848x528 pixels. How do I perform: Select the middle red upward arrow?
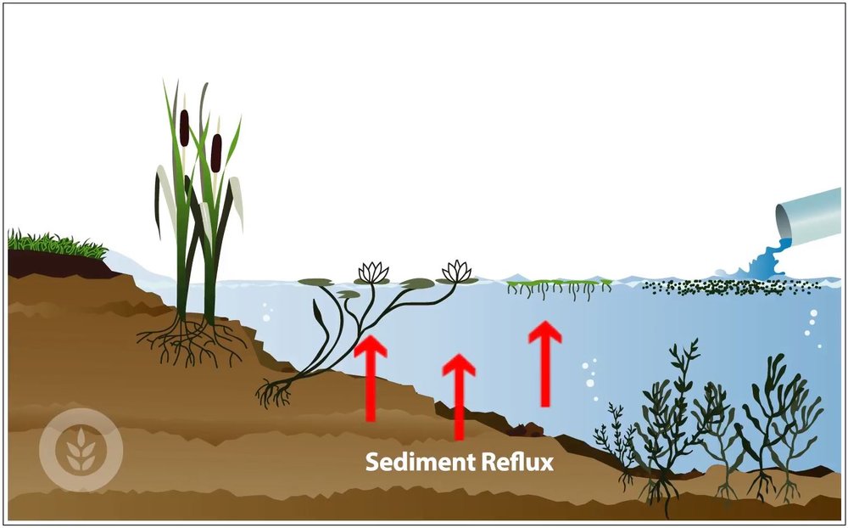point(459,395)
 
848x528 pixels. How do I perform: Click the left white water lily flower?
point(371,272)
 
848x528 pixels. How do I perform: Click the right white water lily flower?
point(457,271)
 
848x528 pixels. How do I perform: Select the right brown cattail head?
point(216,150)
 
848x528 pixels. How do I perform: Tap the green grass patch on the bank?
point(55,244)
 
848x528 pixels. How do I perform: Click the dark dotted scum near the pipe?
point(729,287)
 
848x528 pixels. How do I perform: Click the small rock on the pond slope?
point(533,429)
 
